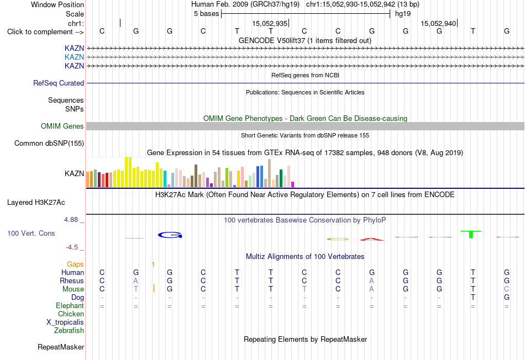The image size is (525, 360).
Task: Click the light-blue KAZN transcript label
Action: pos(75,57)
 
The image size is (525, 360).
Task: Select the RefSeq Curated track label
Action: pos(59,83)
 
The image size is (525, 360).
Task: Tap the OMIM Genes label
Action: pos(62,126)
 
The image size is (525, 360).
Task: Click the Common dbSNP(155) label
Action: pos(49,143)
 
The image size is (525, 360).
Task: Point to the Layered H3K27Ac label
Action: pos(36,203)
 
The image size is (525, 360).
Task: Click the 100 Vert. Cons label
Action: pos(31,233)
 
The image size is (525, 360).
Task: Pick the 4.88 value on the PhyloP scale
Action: pos(71,220)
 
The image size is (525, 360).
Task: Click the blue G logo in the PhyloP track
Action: pos(170,235)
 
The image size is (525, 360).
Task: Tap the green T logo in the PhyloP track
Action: pos(471,234)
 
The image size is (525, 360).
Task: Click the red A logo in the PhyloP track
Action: pos(372,239)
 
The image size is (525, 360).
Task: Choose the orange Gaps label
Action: pos(75,264)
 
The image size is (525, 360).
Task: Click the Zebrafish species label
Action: pos(69,331)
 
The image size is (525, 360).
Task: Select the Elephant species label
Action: pos(70,306)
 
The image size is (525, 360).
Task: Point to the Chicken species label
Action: pos(71,314)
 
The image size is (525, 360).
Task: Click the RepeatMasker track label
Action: pos(61,347)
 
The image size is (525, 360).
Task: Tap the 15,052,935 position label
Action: pos(270,23)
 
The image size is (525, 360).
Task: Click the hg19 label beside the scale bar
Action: pos(403,14)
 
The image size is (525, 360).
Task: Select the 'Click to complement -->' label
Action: pos(45,32)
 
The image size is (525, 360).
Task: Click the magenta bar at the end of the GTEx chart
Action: pos(293,184)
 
